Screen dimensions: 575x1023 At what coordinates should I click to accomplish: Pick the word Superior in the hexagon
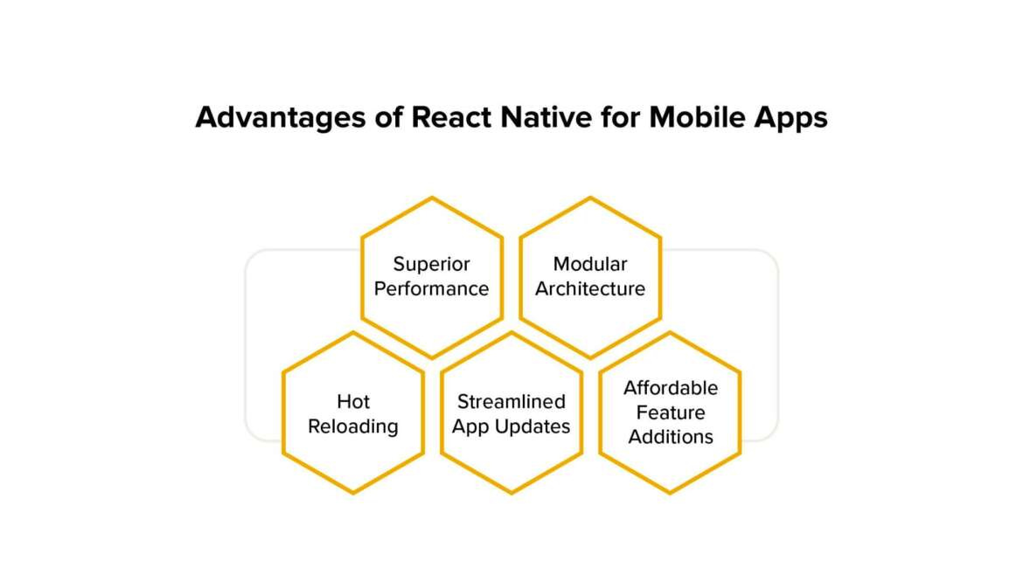tap(431, 264)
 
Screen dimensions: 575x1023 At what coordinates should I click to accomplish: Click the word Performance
tap(431, 288)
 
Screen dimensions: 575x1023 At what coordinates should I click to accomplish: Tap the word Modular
tap(590, 264)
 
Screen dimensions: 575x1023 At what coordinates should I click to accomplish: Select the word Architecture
tap(590, 288)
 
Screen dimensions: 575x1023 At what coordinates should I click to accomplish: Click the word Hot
tap(353, 402)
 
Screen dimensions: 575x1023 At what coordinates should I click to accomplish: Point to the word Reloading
tap(353, 426)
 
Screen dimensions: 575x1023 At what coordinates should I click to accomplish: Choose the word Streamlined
tap(511, 402)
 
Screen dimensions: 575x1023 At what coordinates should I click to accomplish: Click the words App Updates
tap(511, 426)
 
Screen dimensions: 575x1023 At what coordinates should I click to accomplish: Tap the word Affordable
tap(670, 387)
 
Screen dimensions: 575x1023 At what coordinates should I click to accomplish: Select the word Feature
tap(670, 412)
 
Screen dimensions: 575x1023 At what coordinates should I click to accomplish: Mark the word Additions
tap(670, 436)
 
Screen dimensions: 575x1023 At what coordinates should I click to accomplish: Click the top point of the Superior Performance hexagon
tap(432, 197)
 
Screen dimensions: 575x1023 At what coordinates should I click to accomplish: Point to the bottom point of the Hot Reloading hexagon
tap(353, 493)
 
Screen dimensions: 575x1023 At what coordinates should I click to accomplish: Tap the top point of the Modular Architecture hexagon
tap(590, 197)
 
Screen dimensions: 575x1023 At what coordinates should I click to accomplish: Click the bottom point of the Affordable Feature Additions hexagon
tap(670, 493)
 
